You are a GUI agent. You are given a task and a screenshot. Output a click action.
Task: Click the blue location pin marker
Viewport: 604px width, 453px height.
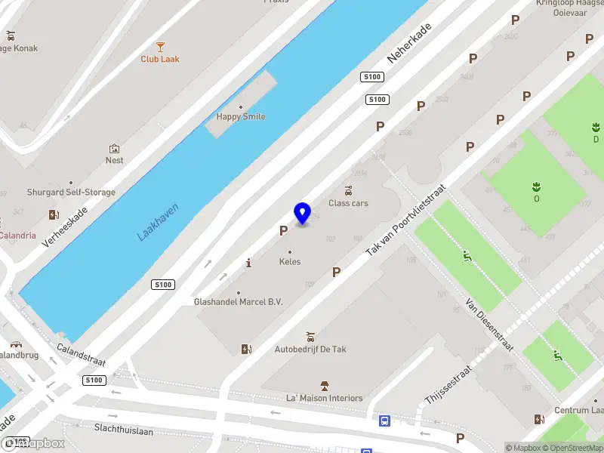point(303,213)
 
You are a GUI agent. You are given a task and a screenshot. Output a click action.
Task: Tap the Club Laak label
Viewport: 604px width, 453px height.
point(160,59)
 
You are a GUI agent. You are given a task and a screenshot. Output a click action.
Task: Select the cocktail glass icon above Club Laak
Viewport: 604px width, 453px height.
point(160,47)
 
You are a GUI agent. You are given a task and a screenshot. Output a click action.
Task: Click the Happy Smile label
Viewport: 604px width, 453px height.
point(241,117)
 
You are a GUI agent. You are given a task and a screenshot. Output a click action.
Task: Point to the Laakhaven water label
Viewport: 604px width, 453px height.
point(158,220)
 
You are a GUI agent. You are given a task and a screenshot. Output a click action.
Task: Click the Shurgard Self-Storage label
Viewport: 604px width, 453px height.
point(72,193)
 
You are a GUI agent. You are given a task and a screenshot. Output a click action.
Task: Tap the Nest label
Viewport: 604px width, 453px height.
point(115,160)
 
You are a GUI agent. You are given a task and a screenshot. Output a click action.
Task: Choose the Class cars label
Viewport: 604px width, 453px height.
point(348,203)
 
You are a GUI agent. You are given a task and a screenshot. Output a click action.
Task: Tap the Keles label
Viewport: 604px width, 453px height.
point(290,262)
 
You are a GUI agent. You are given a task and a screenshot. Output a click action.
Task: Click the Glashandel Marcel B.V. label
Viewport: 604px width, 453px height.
point(238,302)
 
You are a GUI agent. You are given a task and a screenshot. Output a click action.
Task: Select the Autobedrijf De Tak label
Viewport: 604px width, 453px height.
point(310,350)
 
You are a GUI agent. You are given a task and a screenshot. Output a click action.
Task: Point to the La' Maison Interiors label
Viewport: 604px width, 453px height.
point(325,398)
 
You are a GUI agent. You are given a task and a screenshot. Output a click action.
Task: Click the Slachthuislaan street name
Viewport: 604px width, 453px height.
point(123,430)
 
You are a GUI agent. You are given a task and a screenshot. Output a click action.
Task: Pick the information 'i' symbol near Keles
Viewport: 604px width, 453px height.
point(249,263)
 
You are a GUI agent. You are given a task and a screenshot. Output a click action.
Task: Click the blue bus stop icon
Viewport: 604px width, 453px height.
point(384,421)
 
